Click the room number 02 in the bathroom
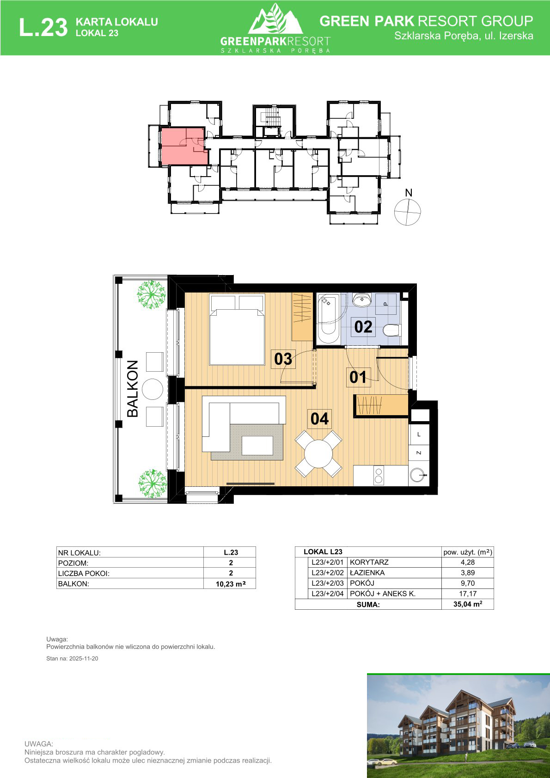tap(363, 327)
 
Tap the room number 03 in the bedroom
tap(283, 359)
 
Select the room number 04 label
tap(319, 419)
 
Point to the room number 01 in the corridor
tap(358, 378)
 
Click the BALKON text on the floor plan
tap(133, 389)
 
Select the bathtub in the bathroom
tap(329, 319)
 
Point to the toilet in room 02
tap(392, 331)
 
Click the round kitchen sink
tap(417, 475)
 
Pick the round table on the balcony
tap(152, 389)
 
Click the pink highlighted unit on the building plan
tap(184, 146)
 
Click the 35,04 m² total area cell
tap(467, 604)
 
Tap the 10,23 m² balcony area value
tap(231, 584)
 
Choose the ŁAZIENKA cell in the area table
tap(367, 573)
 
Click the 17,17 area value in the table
tap(467, 594)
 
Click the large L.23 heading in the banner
tap(43, 27)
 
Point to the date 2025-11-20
tap(84, 659)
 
